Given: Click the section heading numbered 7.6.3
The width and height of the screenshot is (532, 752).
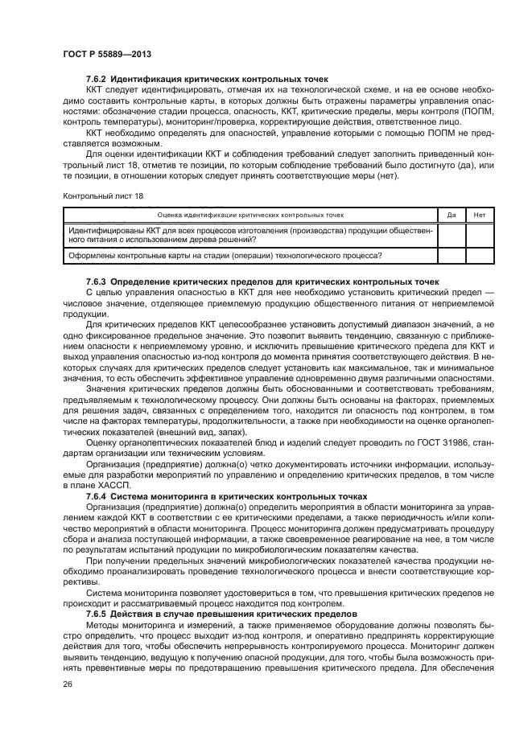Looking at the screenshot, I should [262, 281].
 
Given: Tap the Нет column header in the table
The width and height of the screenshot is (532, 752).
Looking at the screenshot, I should [480, 215].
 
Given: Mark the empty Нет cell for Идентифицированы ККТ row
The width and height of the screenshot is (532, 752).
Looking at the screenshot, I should [480, 235].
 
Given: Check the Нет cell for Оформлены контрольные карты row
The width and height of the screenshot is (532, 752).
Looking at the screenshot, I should [480, 256].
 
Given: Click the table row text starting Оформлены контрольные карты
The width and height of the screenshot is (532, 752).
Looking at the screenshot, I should [225, 256].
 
